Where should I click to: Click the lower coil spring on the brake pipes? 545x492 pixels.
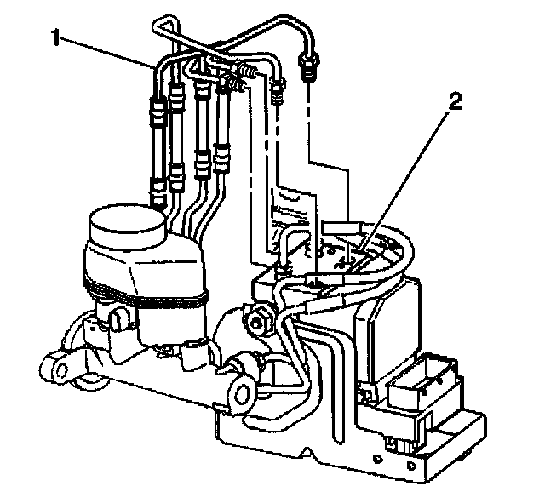233,83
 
